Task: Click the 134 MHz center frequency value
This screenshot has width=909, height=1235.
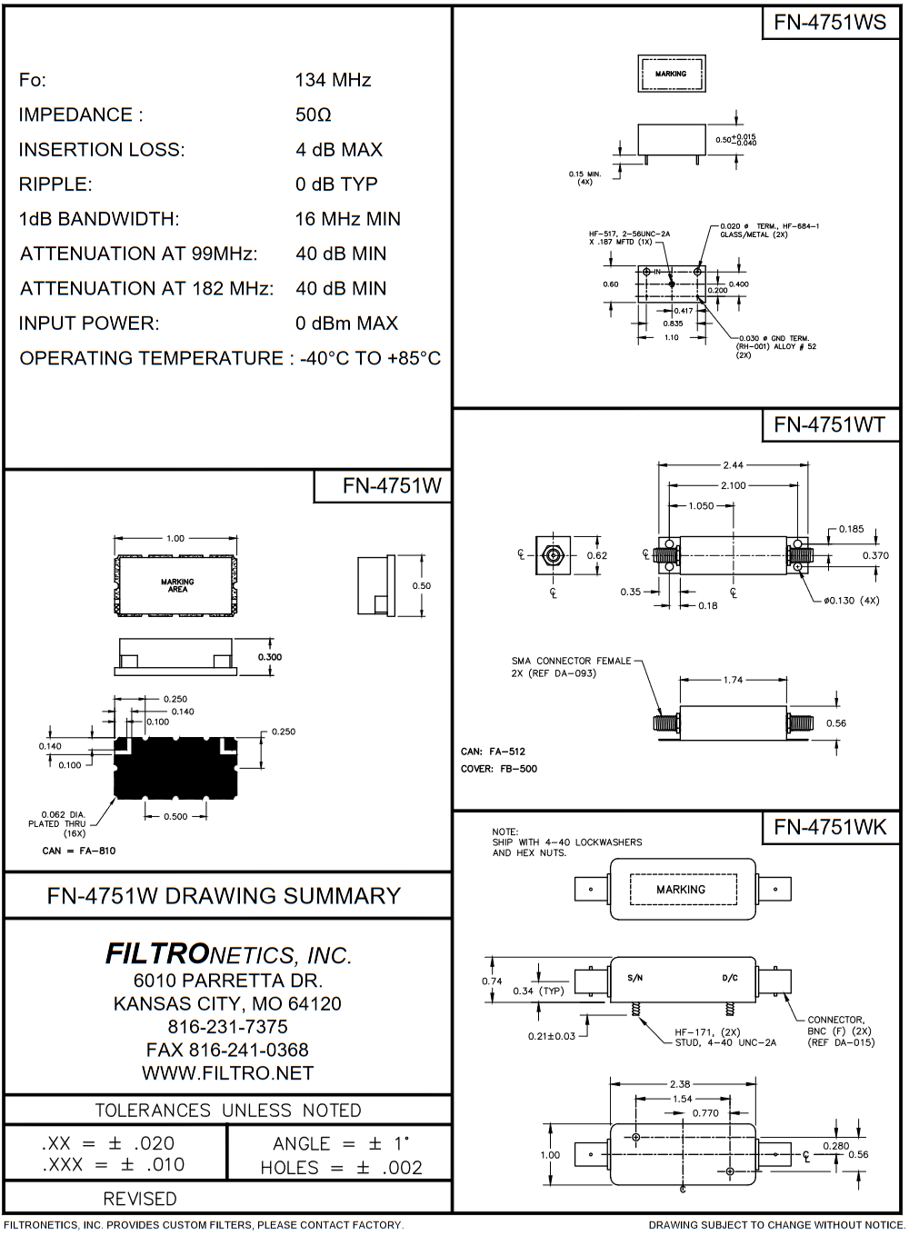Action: [333, 80]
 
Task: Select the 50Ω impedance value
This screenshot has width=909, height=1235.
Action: [313, 115]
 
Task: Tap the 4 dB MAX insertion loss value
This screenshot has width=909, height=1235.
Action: [339, 149]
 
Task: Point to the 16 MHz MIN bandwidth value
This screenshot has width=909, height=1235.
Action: [347, 219]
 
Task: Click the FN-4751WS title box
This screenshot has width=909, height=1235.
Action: [830, 22]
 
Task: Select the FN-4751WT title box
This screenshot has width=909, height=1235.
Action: [830, 424]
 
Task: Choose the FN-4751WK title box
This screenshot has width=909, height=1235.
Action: [830, 827]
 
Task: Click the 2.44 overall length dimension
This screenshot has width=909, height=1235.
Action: [733, 464]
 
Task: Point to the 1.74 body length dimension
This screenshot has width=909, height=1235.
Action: [733, 680]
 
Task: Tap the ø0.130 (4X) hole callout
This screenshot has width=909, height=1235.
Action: [851, 601]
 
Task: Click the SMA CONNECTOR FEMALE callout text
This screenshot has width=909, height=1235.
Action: [571, 661]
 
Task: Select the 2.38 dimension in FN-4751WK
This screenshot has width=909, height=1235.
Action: [680, 1084]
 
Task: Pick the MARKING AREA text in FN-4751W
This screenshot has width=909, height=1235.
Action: [177, 585]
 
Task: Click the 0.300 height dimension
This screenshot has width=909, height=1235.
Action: [270, 657]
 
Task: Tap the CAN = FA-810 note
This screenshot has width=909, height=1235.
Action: [79, 851]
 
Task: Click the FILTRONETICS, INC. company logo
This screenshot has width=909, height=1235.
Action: [228, 954]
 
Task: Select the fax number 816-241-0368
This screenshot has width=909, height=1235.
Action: [227, 1050]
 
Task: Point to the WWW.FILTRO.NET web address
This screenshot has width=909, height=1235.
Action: [228, 1073]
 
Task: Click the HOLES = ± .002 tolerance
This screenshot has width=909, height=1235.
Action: [342, 1167]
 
